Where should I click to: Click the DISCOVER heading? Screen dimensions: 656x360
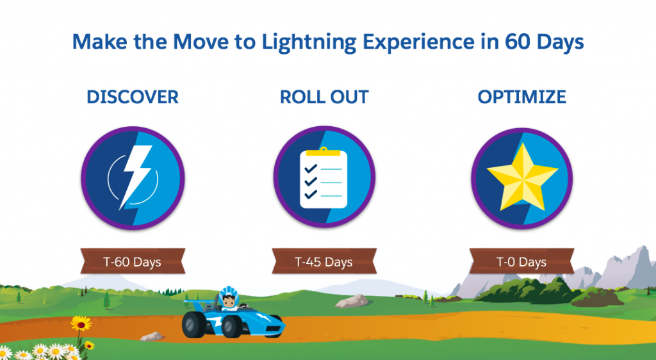[x=133, y=97]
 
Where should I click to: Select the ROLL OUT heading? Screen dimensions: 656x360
[x=324, y=97]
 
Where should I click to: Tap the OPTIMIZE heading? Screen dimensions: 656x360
[x=521, y=97]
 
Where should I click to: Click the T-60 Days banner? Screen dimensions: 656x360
[x=133, y=261]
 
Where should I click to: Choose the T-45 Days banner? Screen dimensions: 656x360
[x=324, y=261]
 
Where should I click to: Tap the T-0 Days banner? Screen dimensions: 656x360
[x=521, y=261]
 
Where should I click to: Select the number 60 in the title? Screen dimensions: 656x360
[x=517, y=42]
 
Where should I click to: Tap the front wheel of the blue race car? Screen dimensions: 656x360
[x=232, y=327]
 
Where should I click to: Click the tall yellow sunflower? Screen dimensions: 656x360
[x=81, y=323]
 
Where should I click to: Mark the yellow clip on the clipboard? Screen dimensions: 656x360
[x=324, y=151]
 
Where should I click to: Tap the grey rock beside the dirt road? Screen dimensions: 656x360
[x=151, y=336]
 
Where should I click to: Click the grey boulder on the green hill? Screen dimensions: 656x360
[x=352, y=300]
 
